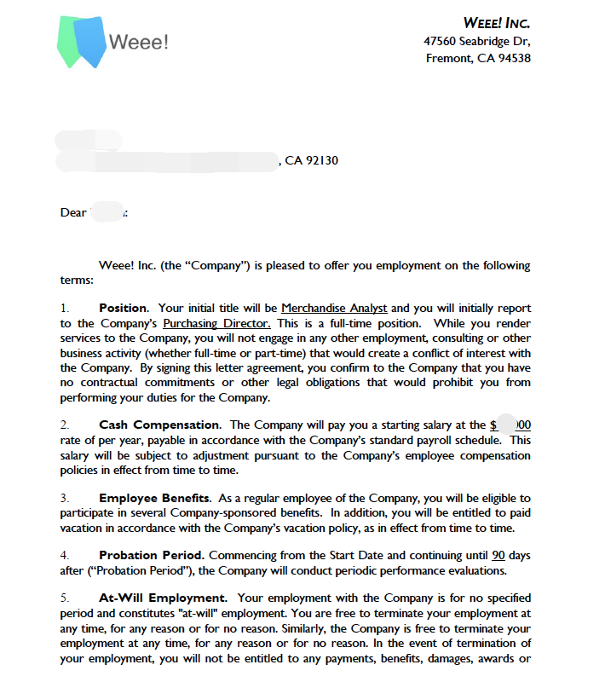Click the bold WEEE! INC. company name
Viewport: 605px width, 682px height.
pyautogui.click(x=497, y=23)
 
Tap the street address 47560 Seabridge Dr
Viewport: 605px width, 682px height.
pyautogui.click(x=477, y=41)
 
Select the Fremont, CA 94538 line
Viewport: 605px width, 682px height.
pyautogui.click(x=478, y=59)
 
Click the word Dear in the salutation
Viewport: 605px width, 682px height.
pyautogui.click(x=73, y=212)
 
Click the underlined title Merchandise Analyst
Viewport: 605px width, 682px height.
pyautogui.click(x=334, y=308)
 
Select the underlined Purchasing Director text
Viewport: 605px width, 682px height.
pyautogui.click(x=216, y=323)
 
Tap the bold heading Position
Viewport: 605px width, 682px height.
pyautogui.click(x=123, y=308)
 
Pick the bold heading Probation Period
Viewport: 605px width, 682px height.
pyautogui.click(x=151, y=556)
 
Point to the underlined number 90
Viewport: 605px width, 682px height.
pyautogui.click(x=499, y=556)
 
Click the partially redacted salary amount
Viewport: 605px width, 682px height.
pyautogui.click(x=510, y=425)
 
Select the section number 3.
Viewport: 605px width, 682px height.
pyautogui.click(x=64, y=498)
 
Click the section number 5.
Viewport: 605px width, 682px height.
pyautogui.click(x=64, y=598)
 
